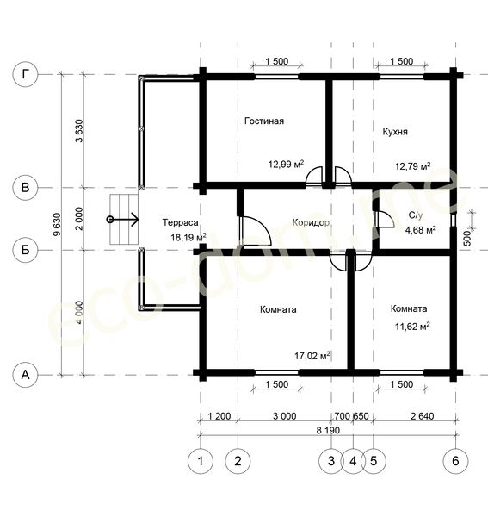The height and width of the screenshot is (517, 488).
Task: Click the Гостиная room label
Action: (264, 121)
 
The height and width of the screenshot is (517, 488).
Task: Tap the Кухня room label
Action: (395, 132)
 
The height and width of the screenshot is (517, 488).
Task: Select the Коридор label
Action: (311, 223)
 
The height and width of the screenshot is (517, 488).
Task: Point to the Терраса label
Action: (181, 222)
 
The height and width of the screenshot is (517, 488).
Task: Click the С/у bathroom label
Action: (416, 215)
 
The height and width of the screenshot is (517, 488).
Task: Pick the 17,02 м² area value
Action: (312, 356)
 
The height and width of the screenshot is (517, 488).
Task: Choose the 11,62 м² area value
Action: (412, 327)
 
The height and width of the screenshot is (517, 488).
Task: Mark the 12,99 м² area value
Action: (286, 164)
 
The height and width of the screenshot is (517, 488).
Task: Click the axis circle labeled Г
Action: (25, 74)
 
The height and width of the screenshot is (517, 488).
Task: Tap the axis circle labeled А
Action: (25, 375)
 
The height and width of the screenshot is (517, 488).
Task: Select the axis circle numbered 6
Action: (456, 461)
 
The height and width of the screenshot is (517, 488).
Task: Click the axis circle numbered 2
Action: (238, 461)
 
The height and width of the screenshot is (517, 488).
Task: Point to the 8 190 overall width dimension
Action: (328, 430)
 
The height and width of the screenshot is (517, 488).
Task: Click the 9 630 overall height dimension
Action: (57, 225)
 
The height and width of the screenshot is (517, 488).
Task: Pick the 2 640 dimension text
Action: (422, 416)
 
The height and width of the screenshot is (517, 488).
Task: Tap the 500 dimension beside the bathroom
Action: (467, 238)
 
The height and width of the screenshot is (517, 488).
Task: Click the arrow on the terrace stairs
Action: (124, 220)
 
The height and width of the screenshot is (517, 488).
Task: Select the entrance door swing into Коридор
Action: (256, 231)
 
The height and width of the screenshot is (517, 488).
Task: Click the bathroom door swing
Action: (384, 219)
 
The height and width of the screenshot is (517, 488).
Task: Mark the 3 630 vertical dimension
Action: (79, 131)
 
